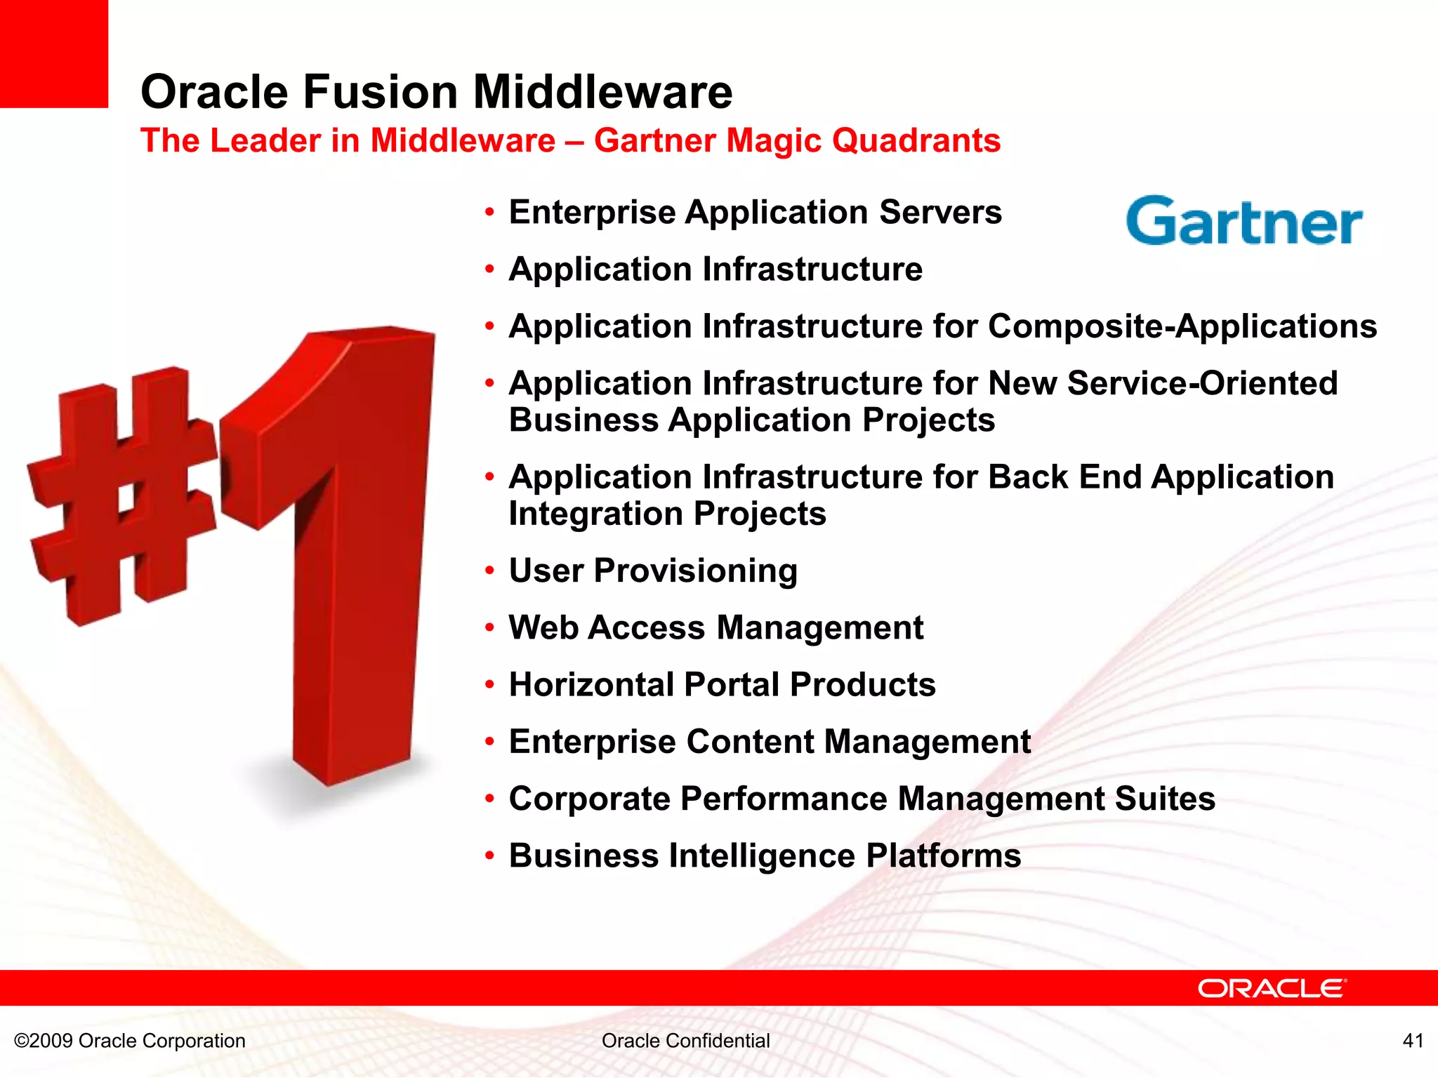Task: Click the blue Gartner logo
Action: tap(1244, 222)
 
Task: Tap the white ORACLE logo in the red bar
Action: tap(1272, 988)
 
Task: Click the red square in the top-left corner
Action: tap(53, 53)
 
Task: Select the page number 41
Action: tap(1413, 1040)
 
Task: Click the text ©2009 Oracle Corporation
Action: tap(130, 1040)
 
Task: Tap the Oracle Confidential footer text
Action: tap(685, 1040)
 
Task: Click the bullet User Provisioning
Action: tap(653, 571)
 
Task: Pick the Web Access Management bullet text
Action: tap(715, 627)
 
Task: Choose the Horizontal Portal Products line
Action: tap(722, 684)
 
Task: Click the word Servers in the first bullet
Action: tap(940, 212)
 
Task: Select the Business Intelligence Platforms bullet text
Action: tap(765, 856)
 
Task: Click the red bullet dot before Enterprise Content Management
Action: tap(489, 742)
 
